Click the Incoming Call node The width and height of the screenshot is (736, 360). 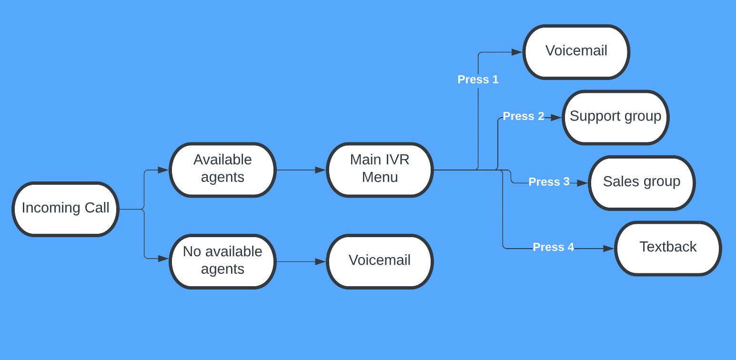click(x=65, y=209)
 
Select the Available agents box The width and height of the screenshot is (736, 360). click(x=222, y=170)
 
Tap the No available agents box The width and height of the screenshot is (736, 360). click(x=222, y=261)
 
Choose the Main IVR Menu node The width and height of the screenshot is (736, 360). click(x=380, y=170)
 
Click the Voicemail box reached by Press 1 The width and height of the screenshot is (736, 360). click(x=576, y=51)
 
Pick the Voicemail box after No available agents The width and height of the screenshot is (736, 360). click(x=380, y=261)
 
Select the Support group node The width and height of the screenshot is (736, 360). click(x=615, y=117)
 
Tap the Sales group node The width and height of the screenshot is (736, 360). click(x=642, y=182)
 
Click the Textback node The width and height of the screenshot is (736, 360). click(x=668, y=248)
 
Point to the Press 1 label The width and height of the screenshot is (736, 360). click(x=478, y=80)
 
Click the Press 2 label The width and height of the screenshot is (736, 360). click(x=524, y=116)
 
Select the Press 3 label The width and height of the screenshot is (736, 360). click(x=549, y=182)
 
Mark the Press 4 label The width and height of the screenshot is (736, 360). click(x=553, y=247)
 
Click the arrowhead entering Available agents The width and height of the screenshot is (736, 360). click(x=163, y=170)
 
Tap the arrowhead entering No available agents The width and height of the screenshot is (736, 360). click(x=163, y=259)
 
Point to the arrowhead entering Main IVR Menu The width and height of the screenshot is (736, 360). click(x=320, y=170)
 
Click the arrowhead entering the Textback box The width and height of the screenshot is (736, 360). click(x=608, y=248)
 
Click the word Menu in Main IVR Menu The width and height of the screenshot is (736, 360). click(x=380, y=178)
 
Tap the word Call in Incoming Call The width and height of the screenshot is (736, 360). click(x=97, y=208)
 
